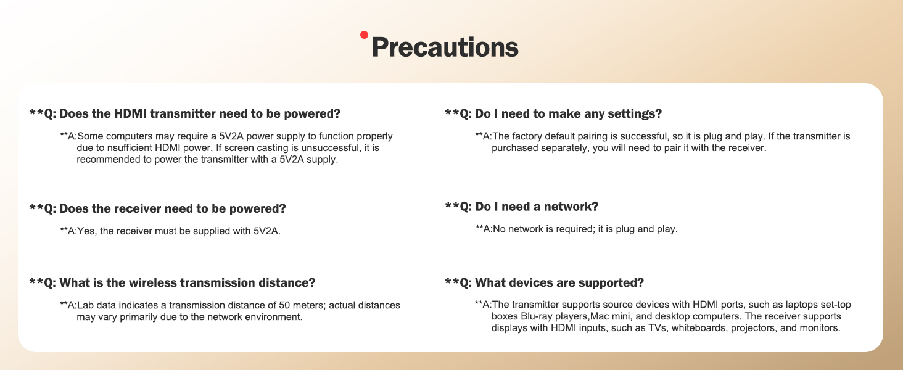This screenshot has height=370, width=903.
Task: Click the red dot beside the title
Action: (x=364, y=35)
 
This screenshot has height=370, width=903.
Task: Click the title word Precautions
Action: (x=445, y=47)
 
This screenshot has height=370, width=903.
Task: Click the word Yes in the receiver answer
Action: (x=87, y=231)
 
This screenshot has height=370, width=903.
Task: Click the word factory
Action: (x=528, y=136)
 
